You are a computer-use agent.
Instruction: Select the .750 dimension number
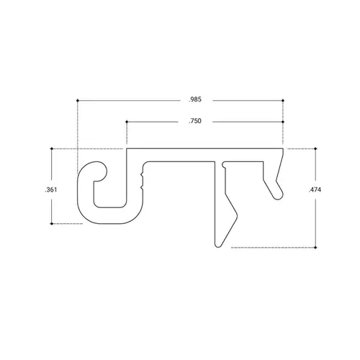pos(194,122)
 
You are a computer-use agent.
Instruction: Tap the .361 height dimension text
pos(51,189)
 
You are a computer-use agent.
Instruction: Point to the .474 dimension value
pos(315,190)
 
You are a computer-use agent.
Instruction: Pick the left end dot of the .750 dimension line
pos(127,122)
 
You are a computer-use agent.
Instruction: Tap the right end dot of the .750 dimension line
pos(286,122)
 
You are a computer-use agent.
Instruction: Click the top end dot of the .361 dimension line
pos(52,149)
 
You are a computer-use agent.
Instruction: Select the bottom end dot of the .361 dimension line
pos(52,225)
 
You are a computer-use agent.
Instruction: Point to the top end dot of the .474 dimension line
pos(315,149)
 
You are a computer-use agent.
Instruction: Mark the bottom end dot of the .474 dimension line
pos(315,248)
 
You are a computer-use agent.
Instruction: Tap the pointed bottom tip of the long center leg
pos(217,246)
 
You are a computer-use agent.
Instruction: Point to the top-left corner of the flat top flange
pos(127,150)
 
